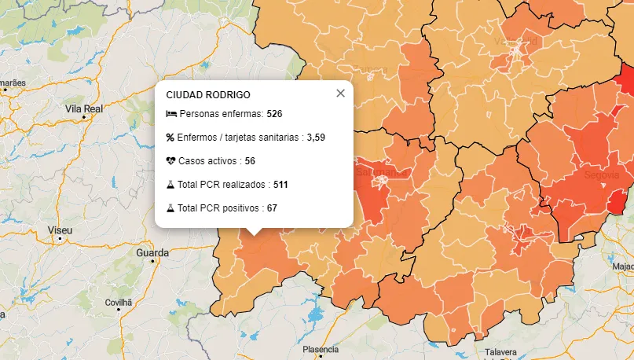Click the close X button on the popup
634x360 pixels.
[340, 94]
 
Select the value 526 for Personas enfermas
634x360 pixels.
[274, 114]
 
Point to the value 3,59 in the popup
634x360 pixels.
[316, 138]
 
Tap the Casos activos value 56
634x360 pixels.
[250, 161]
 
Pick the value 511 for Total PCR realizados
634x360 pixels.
[281, 185]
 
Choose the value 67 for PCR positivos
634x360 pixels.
[272, 208]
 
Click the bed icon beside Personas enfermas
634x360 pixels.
[171, 114]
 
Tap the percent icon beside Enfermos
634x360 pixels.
[170, 138]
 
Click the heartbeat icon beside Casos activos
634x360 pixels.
[171, 161]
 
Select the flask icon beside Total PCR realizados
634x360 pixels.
[170, 185]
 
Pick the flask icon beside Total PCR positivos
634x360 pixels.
[170, 208]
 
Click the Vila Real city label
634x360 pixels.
[84, 108]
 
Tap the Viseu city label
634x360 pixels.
[60, 230]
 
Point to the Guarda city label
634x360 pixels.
[152, 253]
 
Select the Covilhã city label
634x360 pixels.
[119, 302]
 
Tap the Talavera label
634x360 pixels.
[501, 352]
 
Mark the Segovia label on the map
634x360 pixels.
[603, 174]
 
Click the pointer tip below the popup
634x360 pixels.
[253, 233]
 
